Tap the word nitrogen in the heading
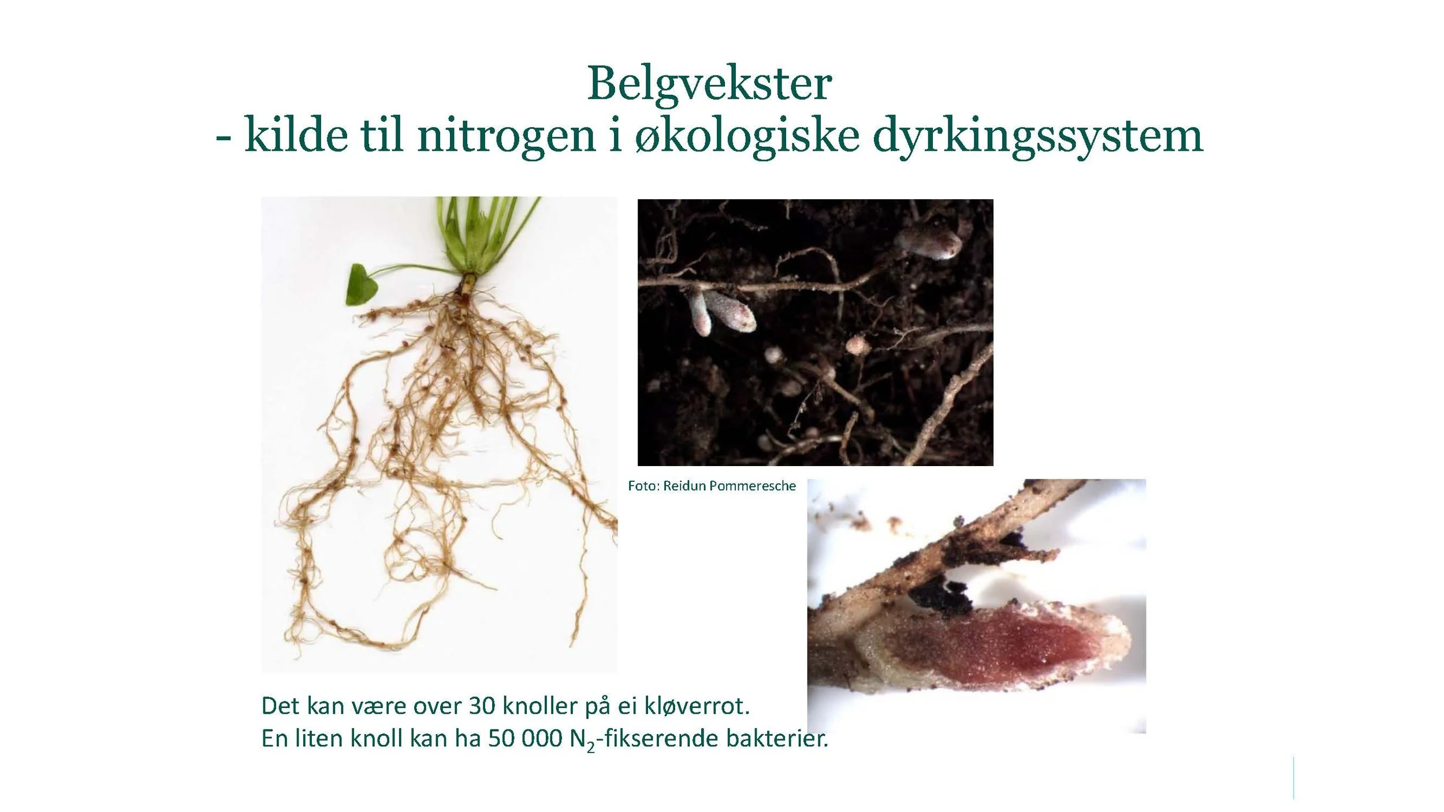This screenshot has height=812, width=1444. pos(506,136)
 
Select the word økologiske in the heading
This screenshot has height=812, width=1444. pos(746,137)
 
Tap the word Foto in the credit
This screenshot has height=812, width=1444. pos(643,486)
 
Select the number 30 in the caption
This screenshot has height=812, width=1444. pos(482,706)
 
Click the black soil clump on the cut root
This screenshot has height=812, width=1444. pos(939,595)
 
